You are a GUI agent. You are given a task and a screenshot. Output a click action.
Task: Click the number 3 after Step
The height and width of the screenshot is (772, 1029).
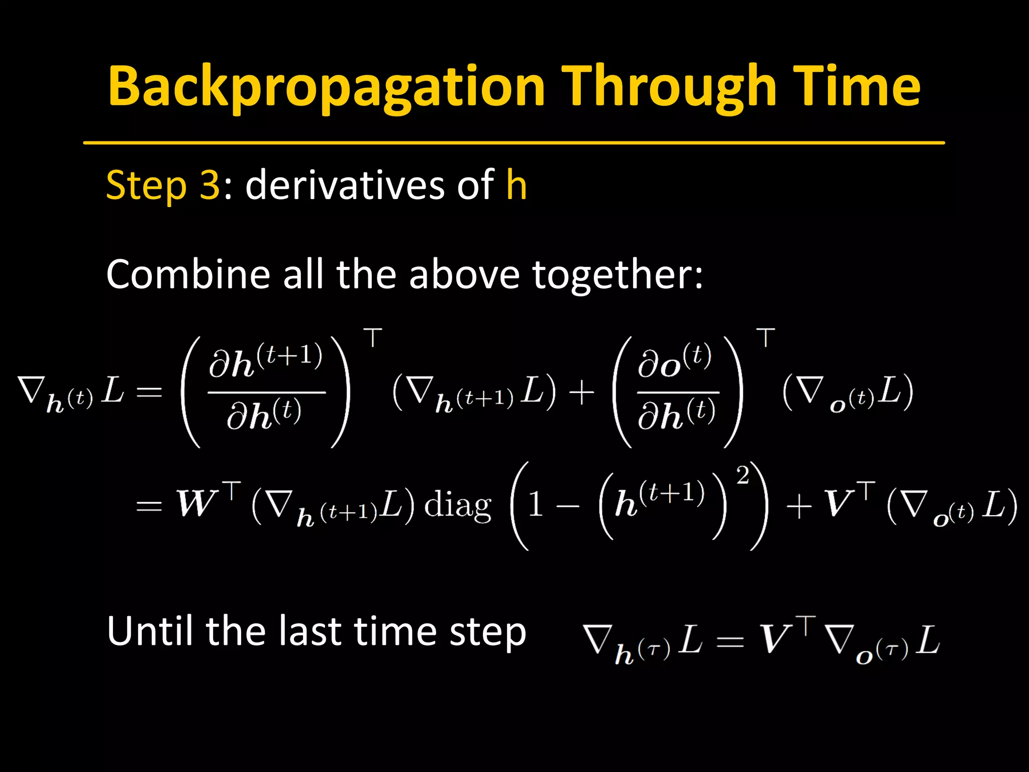click(210, 185)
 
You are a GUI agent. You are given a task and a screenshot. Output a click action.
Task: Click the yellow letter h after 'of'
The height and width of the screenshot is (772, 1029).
click(517, 185)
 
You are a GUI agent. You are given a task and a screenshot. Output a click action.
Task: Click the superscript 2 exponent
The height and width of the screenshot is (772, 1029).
click(743, 474)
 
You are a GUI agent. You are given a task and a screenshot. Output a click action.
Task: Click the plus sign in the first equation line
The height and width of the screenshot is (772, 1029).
click(582, 392)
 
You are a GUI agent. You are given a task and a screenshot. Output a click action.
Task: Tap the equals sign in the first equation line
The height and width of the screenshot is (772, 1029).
click(149, 392)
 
